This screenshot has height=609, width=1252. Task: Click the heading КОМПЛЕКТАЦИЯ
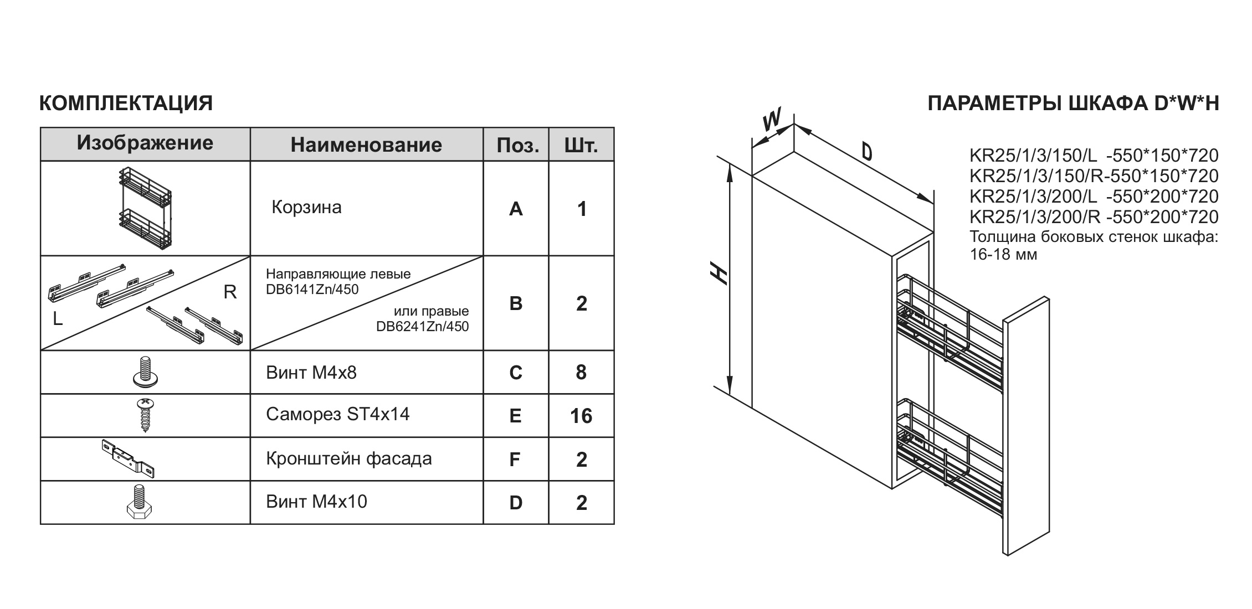click(126, 104)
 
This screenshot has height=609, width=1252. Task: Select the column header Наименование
click(366, 145)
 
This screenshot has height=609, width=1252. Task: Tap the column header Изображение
click(145, 143)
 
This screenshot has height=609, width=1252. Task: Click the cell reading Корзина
click(306, 208)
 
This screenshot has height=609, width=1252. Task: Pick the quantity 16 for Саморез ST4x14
click(581, 416)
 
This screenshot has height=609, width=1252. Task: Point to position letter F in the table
click(515, 460)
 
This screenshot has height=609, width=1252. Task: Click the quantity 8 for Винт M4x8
click(581, 373)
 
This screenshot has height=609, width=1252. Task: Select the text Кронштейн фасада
click(348, 459)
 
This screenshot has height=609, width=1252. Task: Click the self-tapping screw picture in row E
click(146, 415)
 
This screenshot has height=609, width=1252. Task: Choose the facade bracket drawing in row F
click(129, 458)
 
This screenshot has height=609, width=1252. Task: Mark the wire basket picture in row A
click(145, 208)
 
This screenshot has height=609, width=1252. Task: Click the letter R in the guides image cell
click(230, 292)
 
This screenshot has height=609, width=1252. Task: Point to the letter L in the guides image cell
click(58, 319)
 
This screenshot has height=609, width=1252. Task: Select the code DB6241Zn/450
click(422, 327)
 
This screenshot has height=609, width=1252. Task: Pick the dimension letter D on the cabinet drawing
click(867, 151)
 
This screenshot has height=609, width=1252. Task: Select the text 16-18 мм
click(1003, 255)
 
